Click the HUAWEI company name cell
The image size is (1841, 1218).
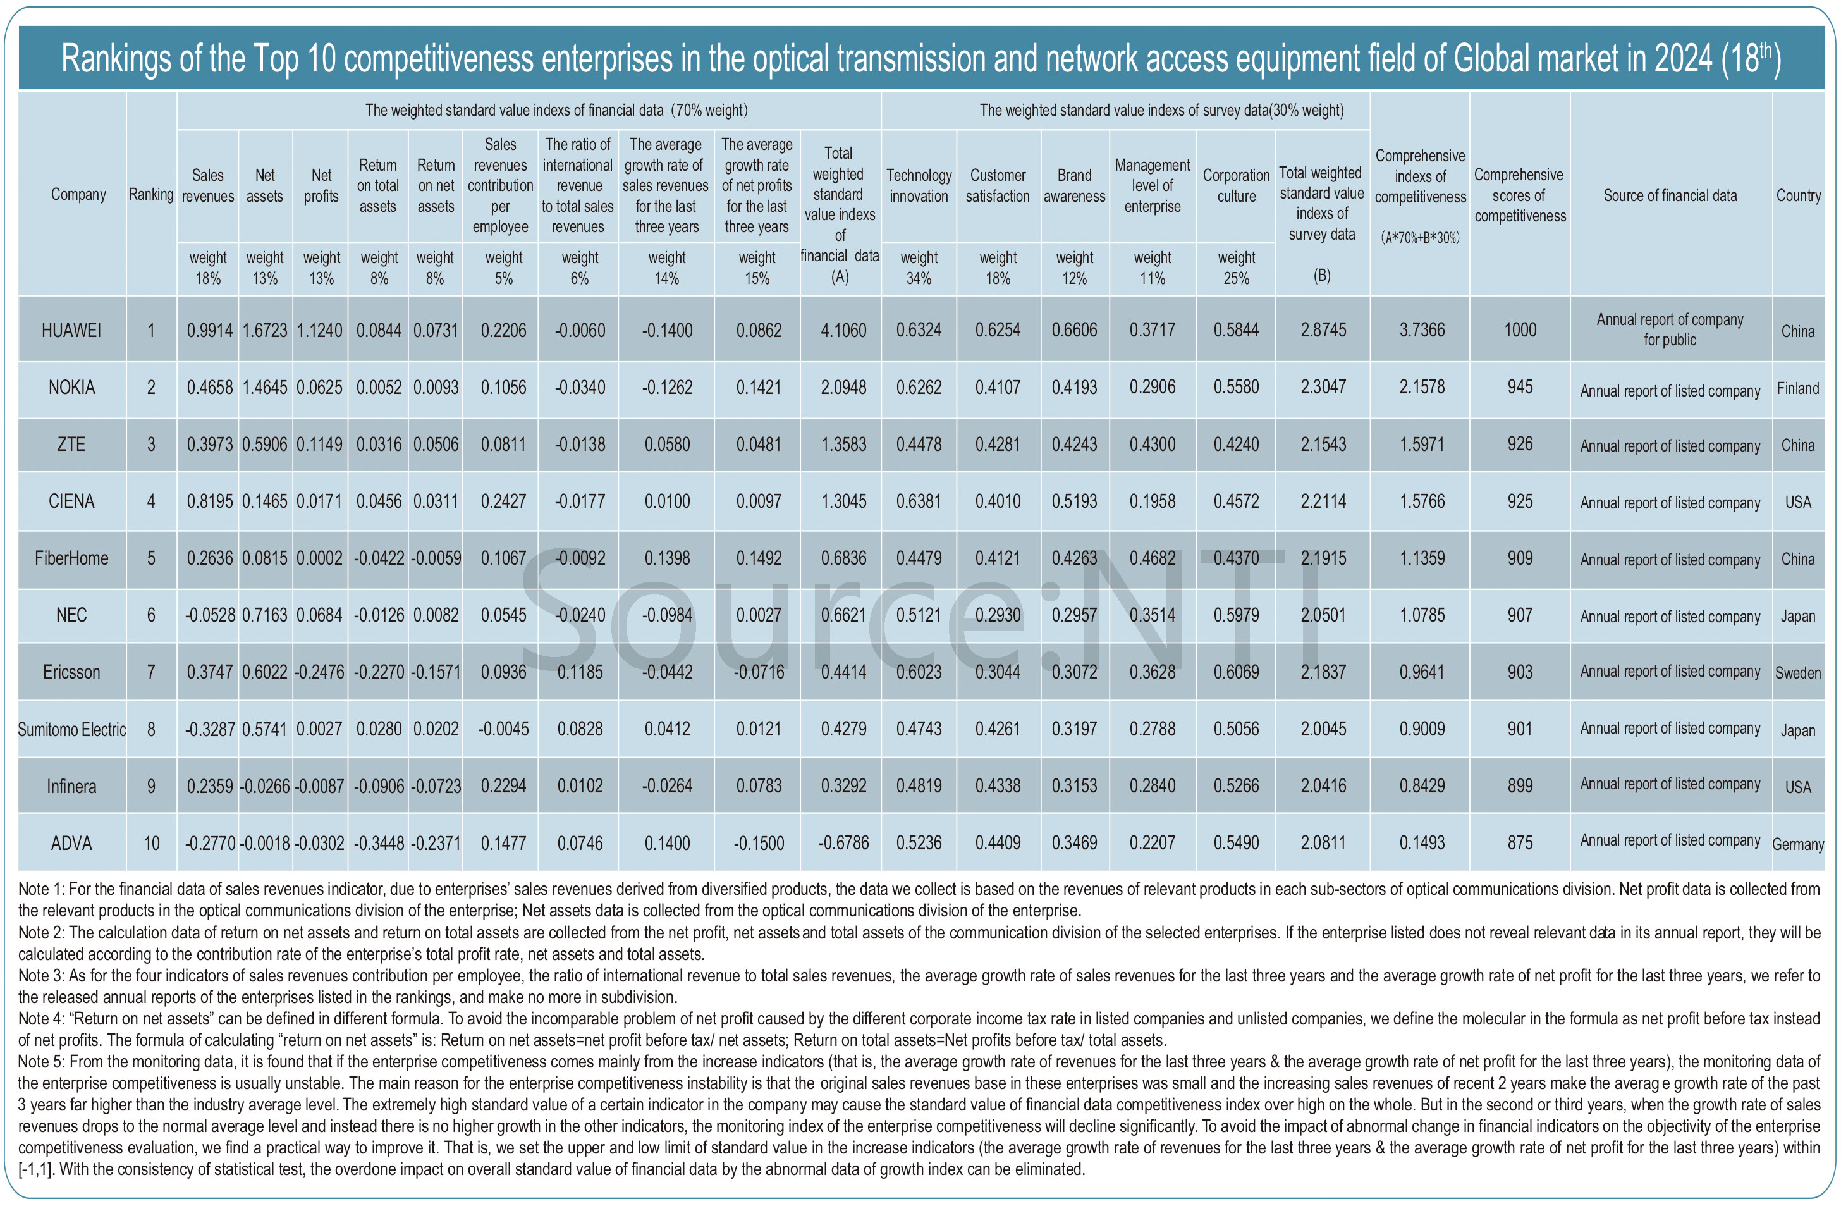coord(71,330)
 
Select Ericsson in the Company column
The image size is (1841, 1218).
coord(71,672)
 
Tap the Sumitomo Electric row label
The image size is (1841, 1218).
coord(71,729)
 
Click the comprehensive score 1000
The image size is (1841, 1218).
coord(1520,330)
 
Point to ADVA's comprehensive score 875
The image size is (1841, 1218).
coord(1520,843)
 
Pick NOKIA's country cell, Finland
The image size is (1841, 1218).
coord(1797,388)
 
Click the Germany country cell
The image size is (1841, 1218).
coord(1797,844)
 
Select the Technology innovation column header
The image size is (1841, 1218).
coord(919,186)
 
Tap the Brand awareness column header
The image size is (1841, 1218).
coord(1074,186)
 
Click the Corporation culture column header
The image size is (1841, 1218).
coord(1235,186)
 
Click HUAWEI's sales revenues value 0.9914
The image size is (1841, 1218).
coord(210,330)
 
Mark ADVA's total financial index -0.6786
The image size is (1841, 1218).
coord(843,843)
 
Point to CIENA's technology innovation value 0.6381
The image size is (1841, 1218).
coord(919,501)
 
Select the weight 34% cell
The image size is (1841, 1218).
coord(919,268)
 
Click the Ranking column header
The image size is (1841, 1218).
coord(150,194)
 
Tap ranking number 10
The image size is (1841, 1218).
coord(151,843)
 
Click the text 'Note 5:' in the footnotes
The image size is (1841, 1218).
coord(41,1062)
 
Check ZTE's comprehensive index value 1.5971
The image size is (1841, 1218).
coord(1422,445)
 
